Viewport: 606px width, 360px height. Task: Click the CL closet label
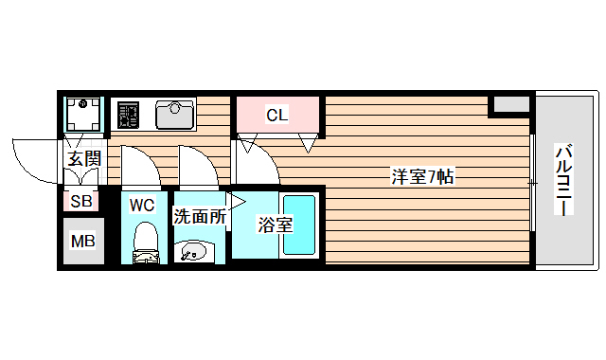(x=276, y=116)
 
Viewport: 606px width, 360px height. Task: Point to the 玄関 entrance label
(x=83, y=158)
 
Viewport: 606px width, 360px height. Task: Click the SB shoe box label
(x=81, y=201)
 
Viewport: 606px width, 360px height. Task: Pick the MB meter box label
(x=83, y=241)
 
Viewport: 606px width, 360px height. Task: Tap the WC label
(x=142, y=205)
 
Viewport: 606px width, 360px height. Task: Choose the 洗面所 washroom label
(x=200, y=216)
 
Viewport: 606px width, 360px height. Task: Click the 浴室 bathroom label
(x=275, y=225)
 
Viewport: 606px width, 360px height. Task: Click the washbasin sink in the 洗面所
(x=193, y=251)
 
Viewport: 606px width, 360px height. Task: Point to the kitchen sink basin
(x=174, y=116)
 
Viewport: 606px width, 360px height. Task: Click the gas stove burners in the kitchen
(x=128, y=116)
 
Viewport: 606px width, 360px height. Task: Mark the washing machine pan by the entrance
(x=84, y=115)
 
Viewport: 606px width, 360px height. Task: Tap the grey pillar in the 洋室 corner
(x=510, y=104)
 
